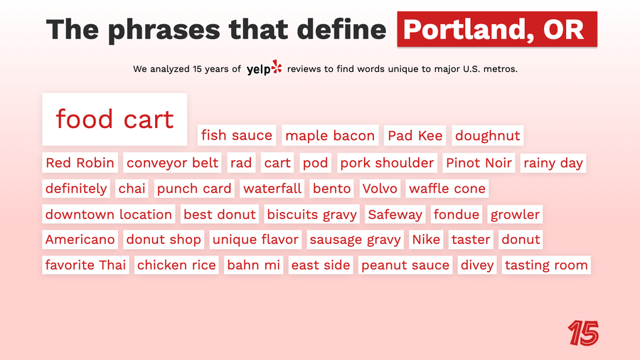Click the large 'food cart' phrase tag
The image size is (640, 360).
coord(114,119)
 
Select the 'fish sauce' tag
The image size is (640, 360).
coord(236,135)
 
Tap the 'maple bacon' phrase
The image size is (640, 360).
coord(330,135)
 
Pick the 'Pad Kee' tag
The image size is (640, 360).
coord(415,135)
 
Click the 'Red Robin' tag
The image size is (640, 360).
coord(80,163)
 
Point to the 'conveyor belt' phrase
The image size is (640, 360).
coord(172,163)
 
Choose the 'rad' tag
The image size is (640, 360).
coord(241,163)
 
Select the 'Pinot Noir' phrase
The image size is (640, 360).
coord(479,163)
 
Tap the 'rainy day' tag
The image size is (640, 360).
coord(553,163)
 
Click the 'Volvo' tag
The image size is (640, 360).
coord(380,189)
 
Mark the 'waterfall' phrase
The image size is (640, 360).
coord(272,189)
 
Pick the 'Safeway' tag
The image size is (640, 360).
coord(395,214)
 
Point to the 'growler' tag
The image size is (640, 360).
coord(515,214)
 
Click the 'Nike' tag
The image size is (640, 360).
coord(427,240)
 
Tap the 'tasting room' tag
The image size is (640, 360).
coord(546,265)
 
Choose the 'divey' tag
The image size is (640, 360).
coord(476,265)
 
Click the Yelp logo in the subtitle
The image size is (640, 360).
coord(264,69)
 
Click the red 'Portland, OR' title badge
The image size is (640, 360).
coord(496,30)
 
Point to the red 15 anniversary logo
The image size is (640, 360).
coord(583,333)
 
